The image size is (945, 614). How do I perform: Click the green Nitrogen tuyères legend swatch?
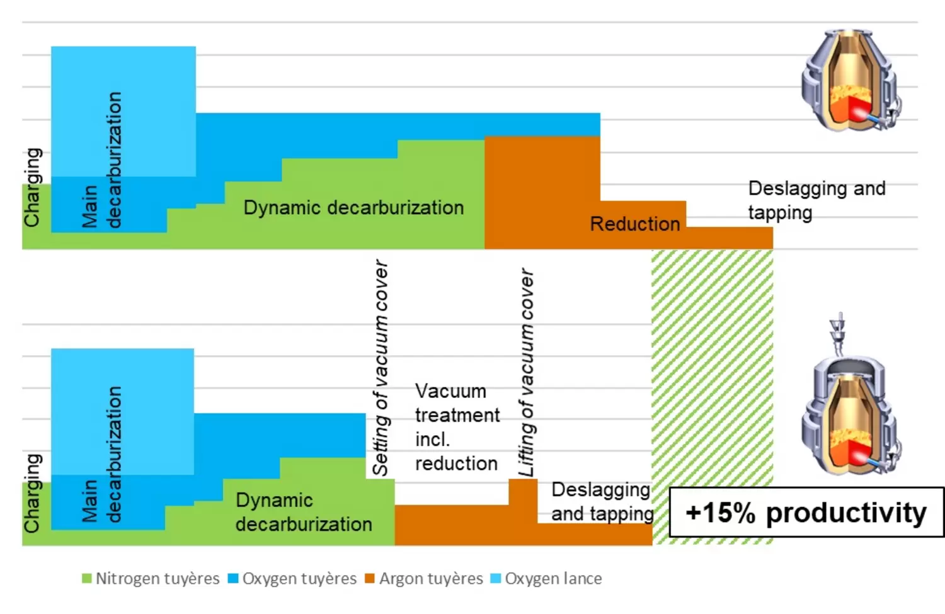point(87,579)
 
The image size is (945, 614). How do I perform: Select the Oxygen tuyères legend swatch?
point(233,579)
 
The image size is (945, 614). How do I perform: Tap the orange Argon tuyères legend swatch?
point(370,579)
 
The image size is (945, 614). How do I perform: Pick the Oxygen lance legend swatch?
point(496,579)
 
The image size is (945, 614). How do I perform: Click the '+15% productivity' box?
point(806,513)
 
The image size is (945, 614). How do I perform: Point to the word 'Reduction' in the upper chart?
point(634,224)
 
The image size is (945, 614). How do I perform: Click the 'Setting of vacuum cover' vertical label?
point(381,367)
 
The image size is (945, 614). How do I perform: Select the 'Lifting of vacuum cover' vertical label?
point(526,372)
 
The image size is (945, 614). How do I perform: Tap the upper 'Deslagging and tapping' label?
point(816,200)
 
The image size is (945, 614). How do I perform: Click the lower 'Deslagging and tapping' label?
point(602,501)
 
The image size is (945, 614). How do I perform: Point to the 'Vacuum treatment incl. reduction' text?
point(457,427)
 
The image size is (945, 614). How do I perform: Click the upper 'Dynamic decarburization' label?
point(353,208)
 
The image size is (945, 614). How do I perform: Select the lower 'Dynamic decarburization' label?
point(303,512)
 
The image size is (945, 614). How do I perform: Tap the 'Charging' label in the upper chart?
point(33,187)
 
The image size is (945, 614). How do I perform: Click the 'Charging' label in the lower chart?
point(33,492)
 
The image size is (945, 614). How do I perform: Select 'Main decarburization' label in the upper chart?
point(101,160)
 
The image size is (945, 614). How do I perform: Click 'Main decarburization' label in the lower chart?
point(101,455)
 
